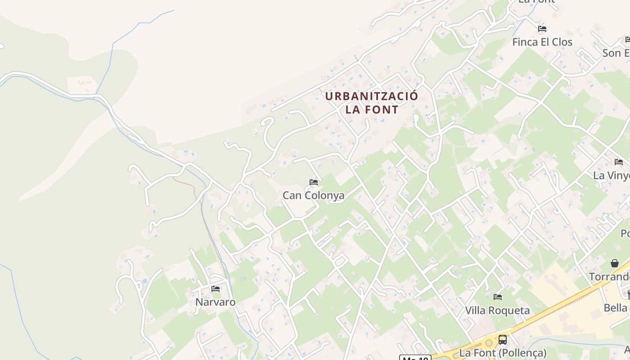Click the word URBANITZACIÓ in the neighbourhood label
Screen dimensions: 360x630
pyautogui.click(x=371, y=96)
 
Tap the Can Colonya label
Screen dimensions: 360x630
pyautogui.click(x=313, y=195)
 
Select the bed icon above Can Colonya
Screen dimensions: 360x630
pyautogui.click(x=314, y=182)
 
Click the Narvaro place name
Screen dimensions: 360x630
pyautogui.click(x=215, y=302)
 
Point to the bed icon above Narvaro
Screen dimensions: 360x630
pyautogui.click(x=216, y=289)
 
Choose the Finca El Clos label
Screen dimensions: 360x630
pyautogui.click(x=542, y=42)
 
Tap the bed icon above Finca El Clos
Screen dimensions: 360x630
pyautogui.click(x=542, y=29)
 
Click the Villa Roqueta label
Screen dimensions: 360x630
pyautogui.click(x=497, y=310)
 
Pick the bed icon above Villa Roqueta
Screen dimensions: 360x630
pyautogui.click(x=498, y=297)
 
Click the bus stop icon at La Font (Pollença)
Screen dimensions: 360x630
pyautogui.click(x=503, y=340)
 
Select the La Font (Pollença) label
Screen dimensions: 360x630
pyautogui.click(x=503, y=352)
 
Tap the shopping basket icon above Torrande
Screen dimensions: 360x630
pyautogui.click(x=615, y=263)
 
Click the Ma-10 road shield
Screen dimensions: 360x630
pyautogui.click(x=415, y=358)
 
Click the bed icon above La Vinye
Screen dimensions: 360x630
pyautogui.click(x=619, y=162)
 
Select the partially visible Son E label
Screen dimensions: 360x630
pyautogui.click(x=616, y=53)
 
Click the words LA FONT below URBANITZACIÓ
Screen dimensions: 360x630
pyautogui.click(x=372, y=109)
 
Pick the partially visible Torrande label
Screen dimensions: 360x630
pyautogui.click(x=610, y=277)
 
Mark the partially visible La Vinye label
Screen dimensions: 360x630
pyautogui.click(x=612, y=175)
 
